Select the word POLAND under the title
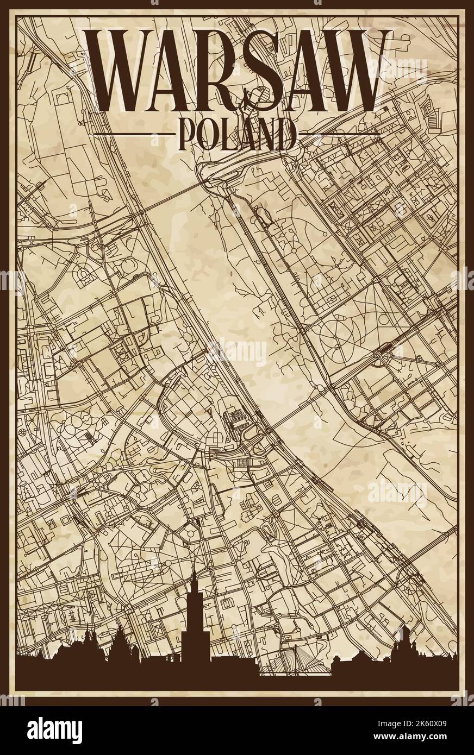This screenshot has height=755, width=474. click(236, 134)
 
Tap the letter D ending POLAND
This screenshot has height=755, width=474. click(286, 134)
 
